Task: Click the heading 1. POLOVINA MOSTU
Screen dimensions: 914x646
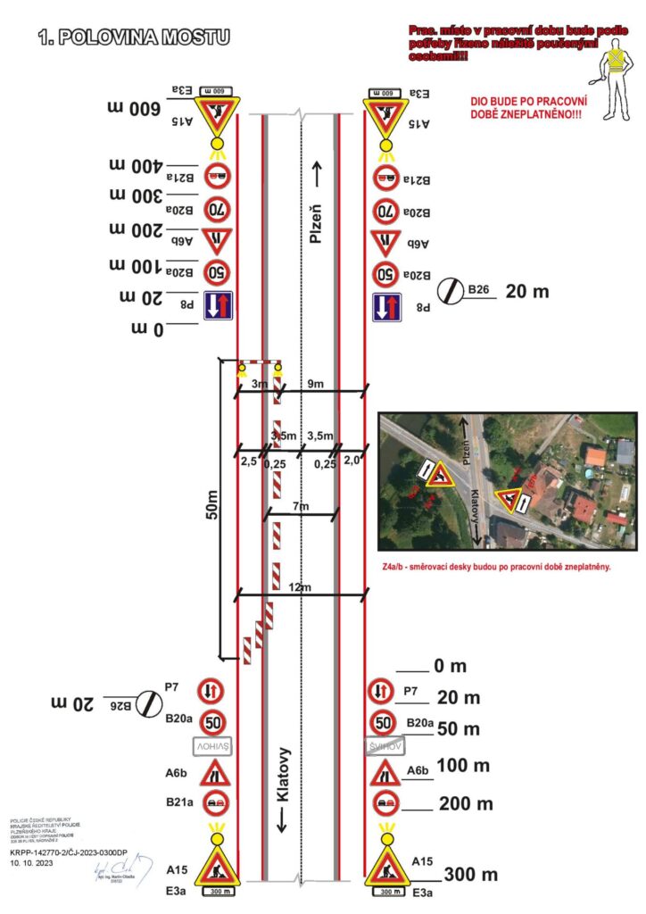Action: coord(134,37)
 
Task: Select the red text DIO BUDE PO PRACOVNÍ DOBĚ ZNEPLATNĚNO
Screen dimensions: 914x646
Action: coord(523,108)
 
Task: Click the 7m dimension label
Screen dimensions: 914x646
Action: coord(301,507)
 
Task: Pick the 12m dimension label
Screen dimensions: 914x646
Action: coord(301,586)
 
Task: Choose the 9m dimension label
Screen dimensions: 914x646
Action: coord(316,384)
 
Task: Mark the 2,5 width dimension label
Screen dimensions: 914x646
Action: coord(249,461)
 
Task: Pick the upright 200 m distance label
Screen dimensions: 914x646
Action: coord(466,803)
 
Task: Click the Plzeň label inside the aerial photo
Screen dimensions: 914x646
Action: coord(465,440)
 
